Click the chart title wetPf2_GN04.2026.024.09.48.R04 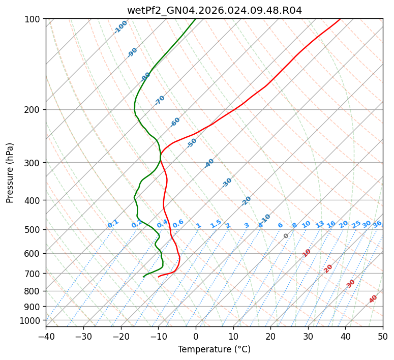(x=214, y=10)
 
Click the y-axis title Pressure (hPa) (x=10, y=172)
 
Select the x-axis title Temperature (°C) (x=214, y=349)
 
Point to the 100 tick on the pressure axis (x=34, y=19)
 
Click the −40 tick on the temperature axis (x=46, y=336)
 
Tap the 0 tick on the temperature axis (x=196, y=336)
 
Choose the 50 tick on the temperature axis (x=383, y=336)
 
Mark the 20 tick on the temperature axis (x=270, y=336)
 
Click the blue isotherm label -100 (x=121, y=26)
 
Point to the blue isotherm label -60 (x=175, y=122)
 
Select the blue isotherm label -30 (x=227, y=183)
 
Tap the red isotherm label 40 (x=373, y=299)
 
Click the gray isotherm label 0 (x=286, y=236)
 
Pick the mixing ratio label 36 (x=377, y=224)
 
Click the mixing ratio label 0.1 (x=113, y=223)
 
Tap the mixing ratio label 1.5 (x=216, y=223)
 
